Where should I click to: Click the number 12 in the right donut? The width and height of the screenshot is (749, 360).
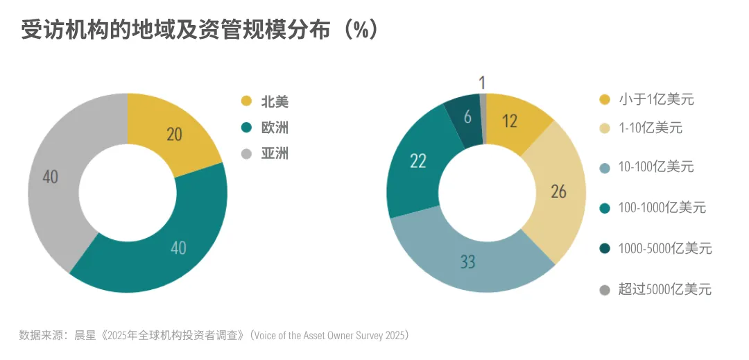click(510, 121)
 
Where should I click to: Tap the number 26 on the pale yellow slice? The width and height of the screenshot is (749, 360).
click(558, 191)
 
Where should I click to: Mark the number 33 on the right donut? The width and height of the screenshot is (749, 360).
click(468, 262)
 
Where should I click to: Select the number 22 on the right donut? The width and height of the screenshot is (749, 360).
click(417, 162)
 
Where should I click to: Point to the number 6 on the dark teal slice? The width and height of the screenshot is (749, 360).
click(467, 117)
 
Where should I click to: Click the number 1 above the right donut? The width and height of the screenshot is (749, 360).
click(482, 83)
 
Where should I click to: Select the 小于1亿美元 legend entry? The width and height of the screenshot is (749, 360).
click(655, 99)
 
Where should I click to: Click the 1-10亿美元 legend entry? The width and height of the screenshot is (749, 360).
click(650, 128)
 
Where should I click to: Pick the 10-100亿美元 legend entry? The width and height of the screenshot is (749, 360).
click(655, 166)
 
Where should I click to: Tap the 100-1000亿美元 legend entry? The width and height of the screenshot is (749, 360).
click(662, 207)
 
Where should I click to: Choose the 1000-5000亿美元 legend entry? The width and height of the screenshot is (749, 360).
click(664, 248)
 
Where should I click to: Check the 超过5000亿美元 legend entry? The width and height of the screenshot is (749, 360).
click(664, 289)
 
